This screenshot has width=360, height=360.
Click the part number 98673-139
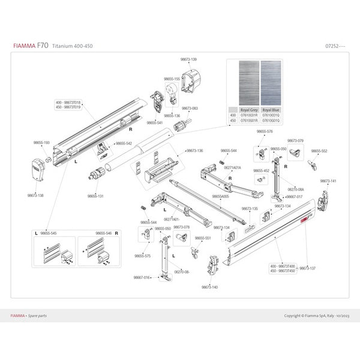point(188,59)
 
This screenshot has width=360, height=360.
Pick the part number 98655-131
point(95,196)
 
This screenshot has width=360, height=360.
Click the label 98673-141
point(328,181)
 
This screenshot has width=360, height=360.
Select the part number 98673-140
point(209,287)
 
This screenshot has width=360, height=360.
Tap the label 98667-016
point(142,277)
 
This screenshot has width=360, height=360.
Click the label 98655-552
point(320,151)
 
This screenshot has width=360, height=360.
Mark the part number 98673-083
point(190,109)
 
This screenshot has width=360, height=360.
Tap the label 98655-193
point(41,143)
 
